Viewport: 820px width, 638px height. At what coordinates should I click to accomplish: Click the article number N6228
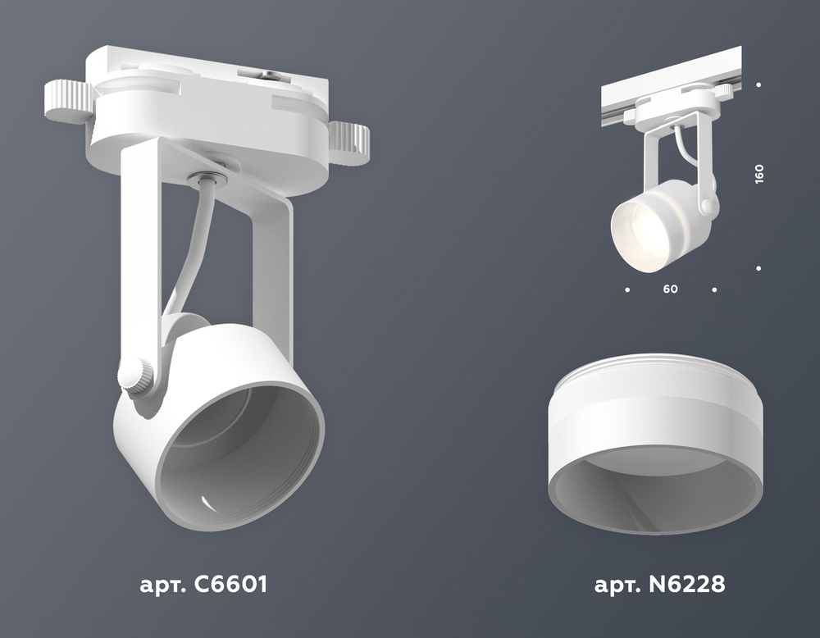[x=686, y=584]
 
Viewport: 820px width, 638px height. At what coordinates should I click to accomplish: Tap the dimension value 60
[x=670, y=289]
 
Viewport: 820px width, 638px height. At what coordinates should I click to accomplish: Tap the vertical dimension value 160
[x=758, y=174]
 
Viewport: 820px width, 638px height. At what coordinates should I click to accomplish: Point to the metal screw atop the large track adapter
[x=271, y=76]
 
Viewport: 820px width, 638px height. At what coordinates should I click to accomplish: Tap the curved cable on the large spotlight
[x=189, y=251]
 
